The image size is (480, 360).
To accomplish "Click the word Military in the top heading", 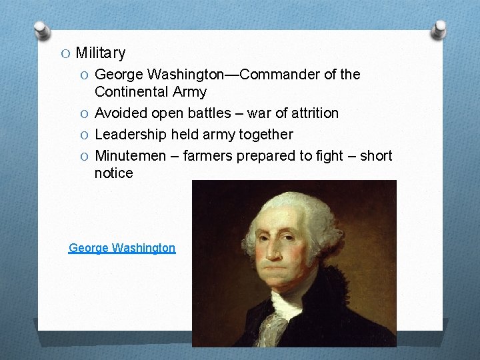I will (100, 53).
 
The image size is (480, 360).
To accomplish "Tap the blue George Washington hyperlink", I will (122, 248).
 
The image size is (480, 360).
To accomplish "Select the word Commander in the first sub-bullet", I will (280, 74).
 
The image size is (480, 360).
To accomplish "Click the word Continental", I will (131, 91).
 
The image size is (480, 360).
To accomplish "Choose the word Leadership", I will (129, 134).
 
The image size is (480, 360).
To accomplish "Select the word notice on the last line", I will (113, 173).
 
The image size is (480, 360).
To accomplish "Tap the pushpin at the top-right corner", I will (441, 29).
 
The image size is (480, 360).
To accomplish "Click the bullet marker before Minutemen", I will (84, 156).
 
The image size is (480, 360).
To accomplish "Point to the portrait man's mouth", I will (285, 267).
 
